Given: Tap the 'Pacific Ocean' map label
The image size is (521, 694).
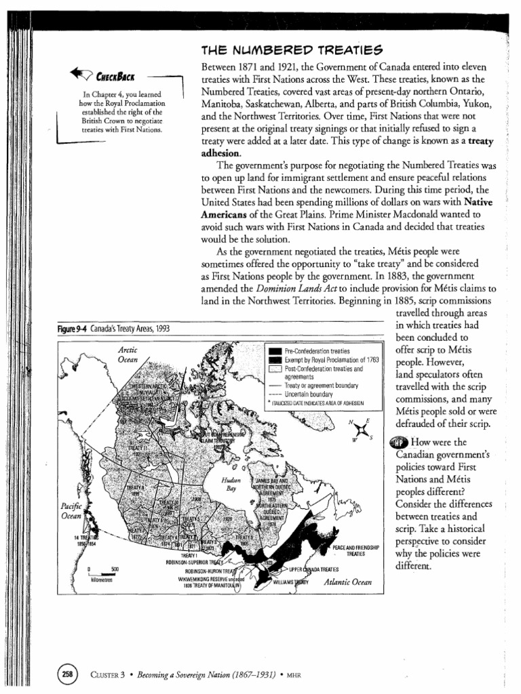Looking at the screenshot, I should click(x=71, y=510).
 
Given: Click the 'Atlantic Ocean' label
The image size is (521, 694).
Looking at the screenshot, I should click(x=349, y=581).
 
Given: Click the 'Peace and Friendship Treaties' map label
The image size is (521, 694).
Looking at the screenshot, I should click(x=355, y=550).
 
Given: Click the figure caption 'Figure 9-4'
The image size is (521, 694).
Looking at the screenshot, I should click(x=71, y=329).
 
